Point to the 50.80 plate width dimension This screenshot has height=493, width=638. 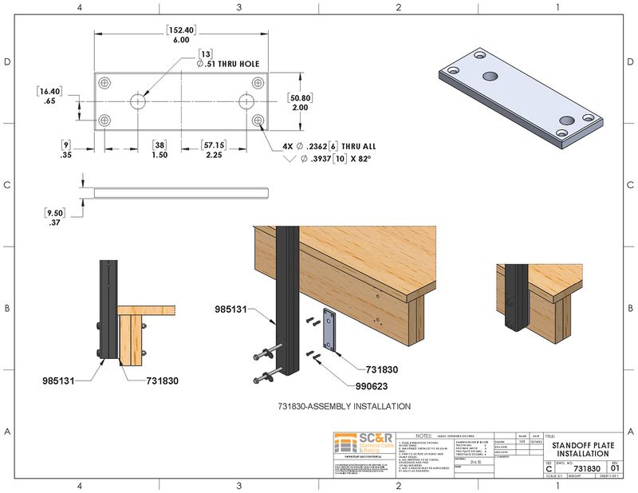300,102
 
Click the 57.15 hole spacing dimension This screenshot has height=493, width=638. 212,150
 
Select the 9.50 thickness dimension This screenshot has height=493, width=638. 54,218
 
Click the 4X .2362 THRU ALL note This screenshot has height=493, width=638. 329,147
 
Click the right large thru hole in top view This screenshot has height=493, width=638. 246,101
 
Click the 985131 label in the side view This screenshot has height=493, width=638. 58,381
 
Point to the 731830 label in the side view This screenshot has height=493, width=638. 163,381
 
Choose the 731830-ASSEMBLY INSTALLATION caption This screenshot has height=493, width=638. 345,406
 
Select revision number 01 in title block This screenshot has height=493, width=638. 614,469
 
